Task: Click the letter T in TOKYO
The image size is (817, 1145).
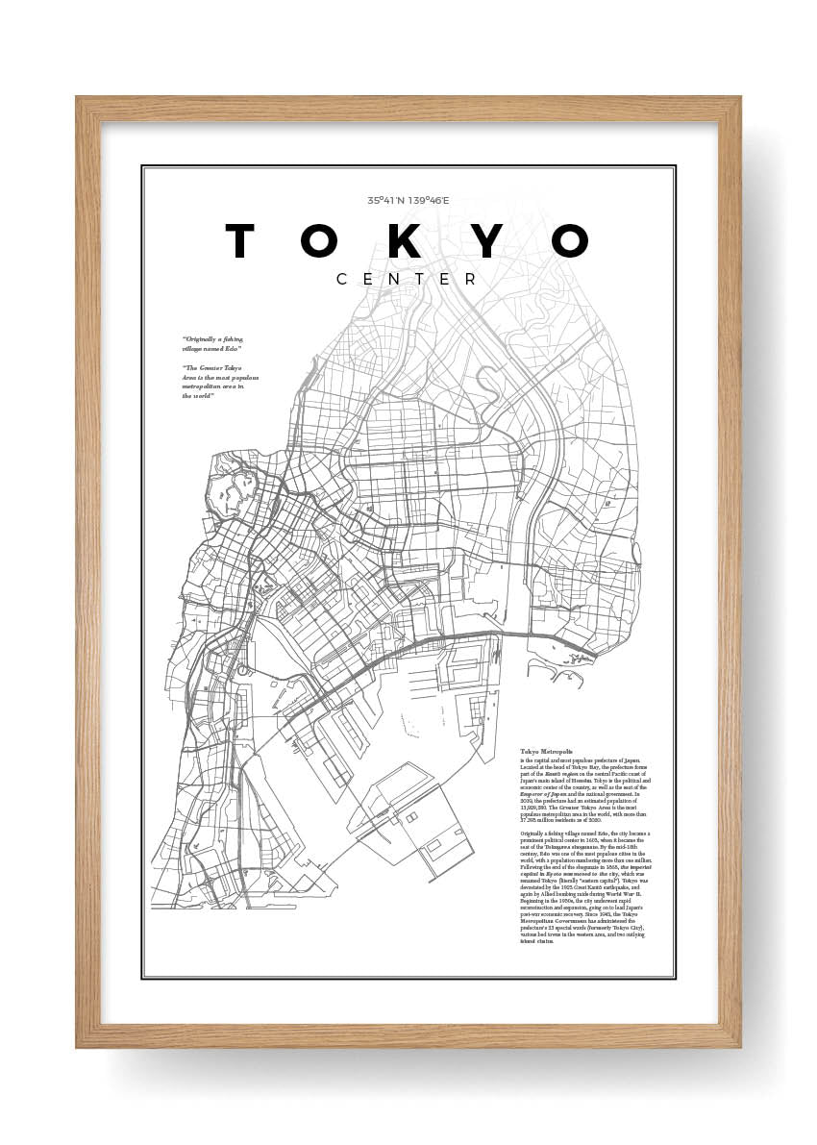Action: coord(240,241)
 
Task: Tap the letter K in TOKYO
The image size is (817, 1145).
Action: coord(404,241)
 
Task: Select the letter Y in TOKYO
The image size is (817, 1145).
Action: coord(488,241)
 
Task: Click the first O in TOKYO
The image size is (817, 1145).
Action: coord(321,241)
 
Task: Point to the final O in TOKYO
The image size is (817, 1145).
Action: coord(570,241)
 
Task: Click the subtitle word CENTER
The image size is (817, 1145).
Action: coord(407,279)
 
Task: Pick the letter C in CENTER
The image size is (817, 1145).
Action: coord(342,279)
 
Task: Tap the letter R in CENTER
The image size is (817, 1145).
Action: coord(471,279)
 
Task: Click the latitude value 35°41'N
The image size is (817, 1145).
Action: coord(386,201)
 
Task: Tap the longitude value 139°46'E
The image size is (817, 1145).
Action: coord(429,201)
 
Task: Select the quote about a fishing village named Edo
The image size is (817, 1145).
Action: coord(212,343)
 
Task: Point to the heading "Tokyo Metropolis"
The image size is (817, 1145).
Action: coord(546,751)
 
